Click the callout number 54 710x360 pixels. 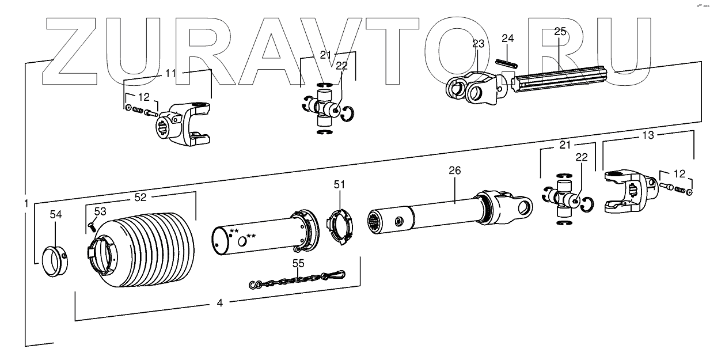coord(55,214)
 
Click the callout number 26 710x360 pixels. coord(454,170)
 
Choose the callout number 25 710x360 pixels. coord(560,32)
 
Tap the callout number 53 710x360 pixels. coord(100,211)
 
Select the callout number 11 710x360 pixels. coord(172,73)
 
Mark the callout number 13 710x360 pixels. coord(648,135)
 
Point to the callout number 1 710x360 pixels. coord(26,203)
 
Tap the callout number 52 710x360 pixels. coord(141,196)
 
